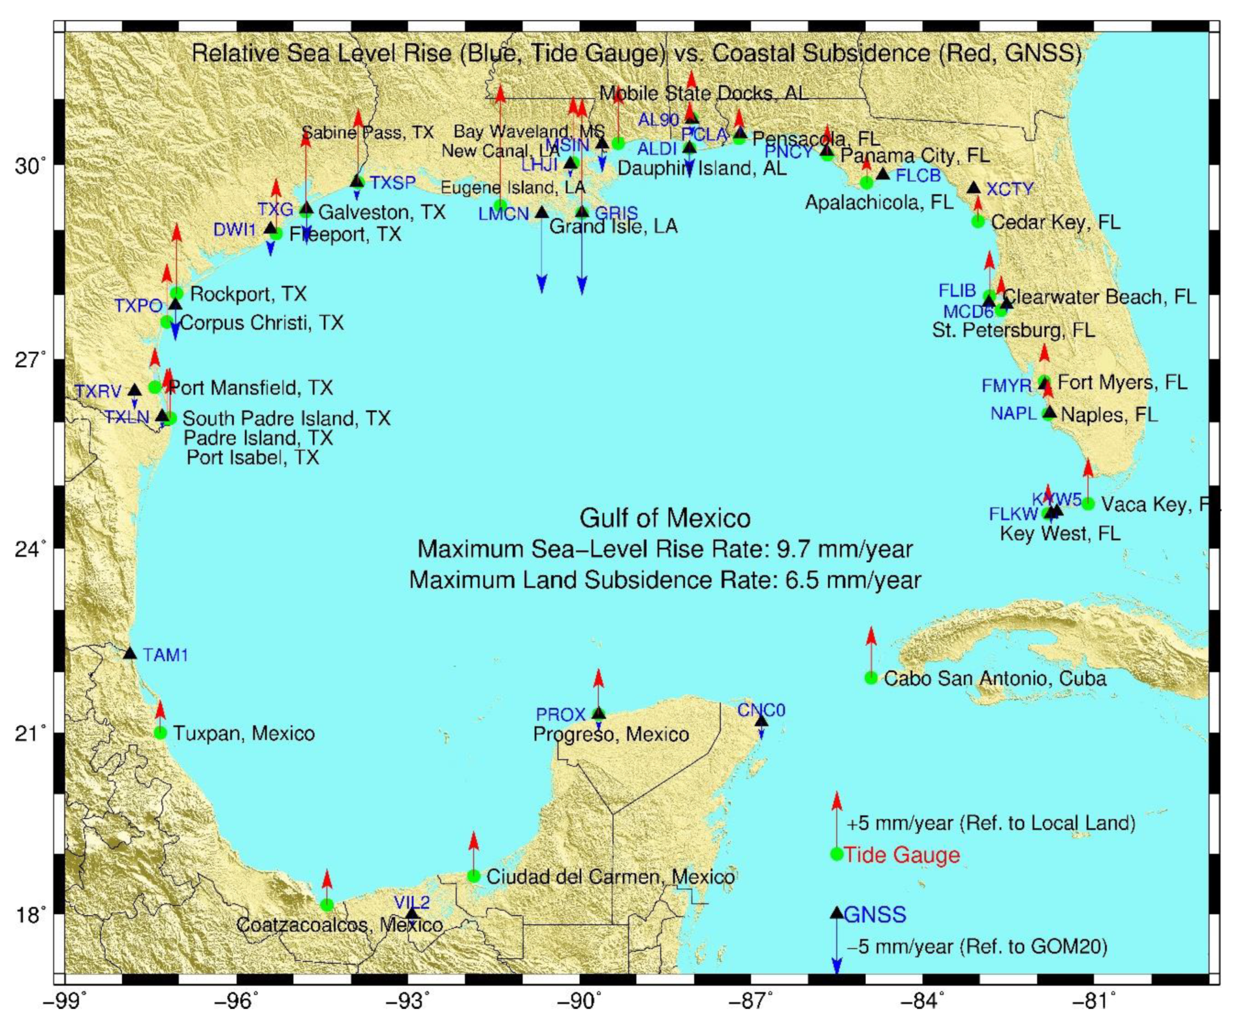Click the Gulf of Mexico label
(665, 519)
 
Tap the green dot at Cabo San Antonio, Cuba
(871, 677)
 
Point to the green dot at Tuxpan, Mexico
(161, 733)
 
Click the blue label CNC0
(761, 710)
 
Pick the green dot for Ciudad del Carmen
(474, 876)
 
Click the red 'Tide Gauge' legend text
(902, 855)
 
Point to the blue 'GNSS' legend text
(875, 915)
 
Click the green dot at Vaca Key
(1088, 504)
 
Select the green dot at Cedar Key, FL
(979, 221)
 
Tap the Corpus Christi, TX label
(261, 323)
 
